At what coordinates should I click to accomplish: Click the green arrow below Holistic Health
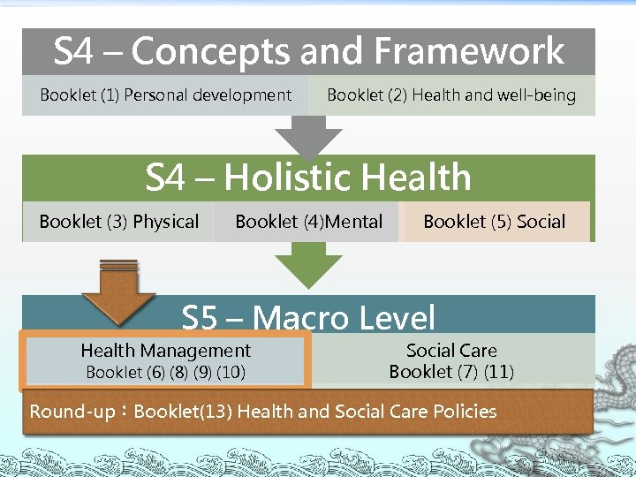pyautogui.click(x=308, y=264)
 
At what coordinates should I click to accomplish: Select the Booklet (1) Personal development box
pyautogui.click(x=165, y=95)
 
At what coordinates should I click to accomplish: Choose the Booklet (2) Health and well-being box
pyautogui.click(x=451, y=95)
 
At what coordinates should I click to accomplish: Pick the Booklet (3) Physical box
pyautogui.click(x=118, y=222)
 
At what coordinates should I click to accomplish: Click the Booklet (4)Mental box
pyautogui.click(x=308, y=222)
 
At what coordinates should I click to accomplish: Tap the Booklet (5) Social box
pyautogui.click(x=494, y=222)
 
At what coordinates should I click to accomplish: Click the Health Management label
pyautogui.click(x=165, y=351)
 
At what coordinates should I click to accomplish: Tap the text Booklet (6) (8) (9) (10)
pyautogui.click(x=165, y=373)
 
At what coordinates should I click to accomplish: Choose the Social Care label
pyautogui.click(x=451, y=351)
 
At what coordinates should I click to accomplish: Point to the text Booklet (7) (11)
pyautogui.click(x=451, y=372)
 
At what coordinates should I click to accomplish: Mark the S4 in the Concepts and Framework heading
pyautogui.click(x=73, y=51)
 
